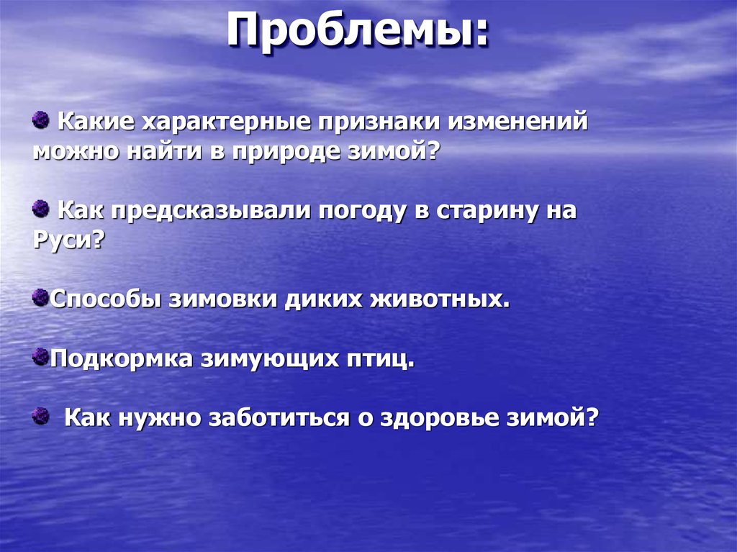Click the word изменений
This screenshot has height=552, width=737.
point(519,122)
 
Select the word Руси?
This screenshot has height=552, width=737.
point(68,240)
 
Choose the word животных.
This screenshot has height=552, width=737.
point(440,299)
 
